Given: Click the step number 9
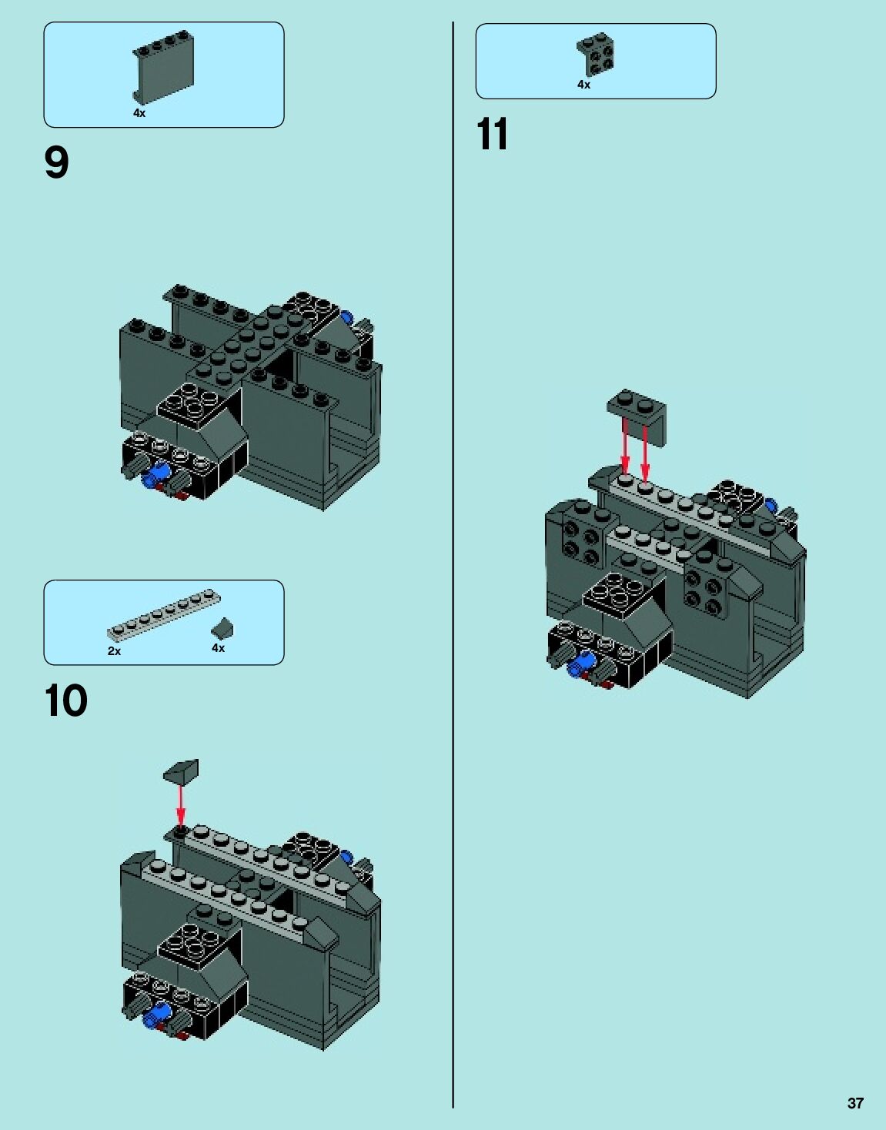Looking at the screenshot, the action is (57, 162).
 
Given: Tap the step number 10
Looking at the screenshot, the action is (66, 700).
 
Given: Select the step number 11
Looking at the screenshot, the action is (492, 134).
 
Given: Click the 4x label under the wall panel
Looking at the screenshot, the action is (139, 113).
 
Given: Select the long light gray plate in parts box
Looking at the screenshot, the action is (164, 615).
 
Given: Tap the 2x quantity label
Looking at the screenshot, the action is (115, 651).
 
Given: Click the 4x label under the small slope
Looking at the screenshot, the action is (219, 648).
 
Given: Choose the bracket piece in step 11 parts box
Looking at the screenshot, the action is (595, 54).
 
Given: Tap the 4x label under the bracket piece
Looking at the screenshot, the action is (584, 85).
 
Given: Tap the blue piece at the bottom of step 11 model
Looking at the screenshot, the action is (583, 664).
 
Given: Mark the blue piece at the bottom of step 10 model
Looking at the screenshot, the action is (159, 1014).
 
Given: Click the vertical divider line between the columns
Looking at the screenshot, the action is (453, 565).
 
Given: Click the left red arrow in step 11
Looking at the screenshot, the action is (625, 446).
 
